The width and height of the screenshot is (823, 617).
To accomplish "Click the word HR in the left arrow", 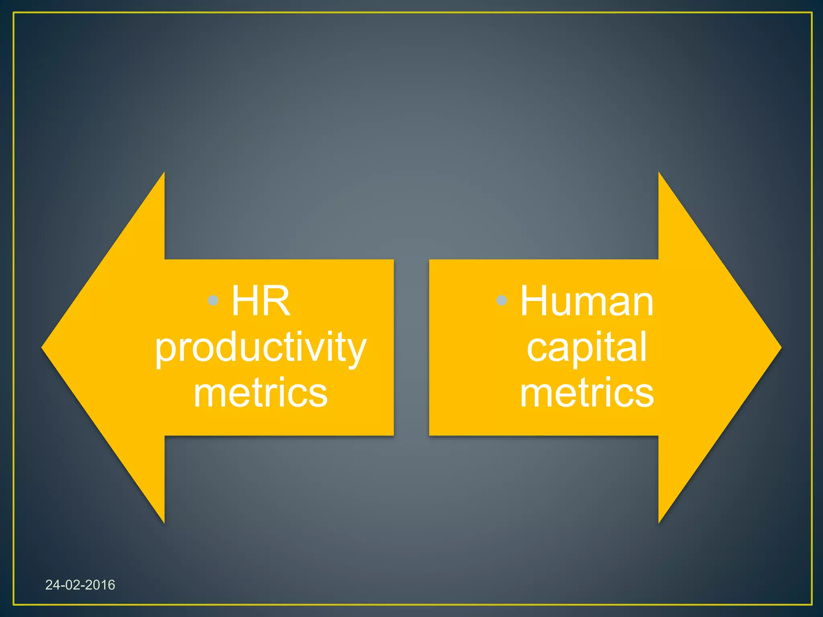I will click(x=260, y=301).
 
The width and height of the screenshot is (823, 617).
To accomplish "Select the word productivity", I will click(x=260, y=348).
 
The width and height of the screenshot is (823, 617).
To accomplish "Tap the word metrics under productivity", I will click(x=260, y=393).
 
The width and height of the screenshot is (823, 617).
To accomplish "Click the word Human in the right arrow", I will click(x=587, y=301).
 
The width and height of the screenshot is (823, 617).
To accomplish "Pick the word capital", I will click(x=587, y=347).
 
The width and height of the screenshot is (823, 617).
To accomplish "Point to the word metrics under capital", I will click(x=587, y=393).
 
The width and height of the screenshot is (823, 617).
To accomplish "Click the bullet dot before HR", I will click(x=213, y=300).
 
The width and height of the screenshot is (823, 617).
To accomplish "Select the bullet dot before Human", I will click(x=502, y=300).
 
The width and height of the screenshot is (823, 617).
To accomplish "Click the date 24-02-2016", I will click(x=80, y=585).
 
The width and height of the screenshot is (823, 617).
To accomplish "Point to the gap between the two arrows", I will click(x=411, y=347).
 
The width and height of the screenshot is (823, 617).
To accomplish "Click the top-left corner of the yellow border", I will click(x=14, y=13).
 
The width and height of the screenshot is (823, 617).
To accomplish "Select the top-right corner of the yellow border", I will click(x=811, y=13).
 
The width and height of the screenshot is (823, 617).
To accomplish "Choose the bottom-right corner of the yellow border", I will click(x=811, y=604).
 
